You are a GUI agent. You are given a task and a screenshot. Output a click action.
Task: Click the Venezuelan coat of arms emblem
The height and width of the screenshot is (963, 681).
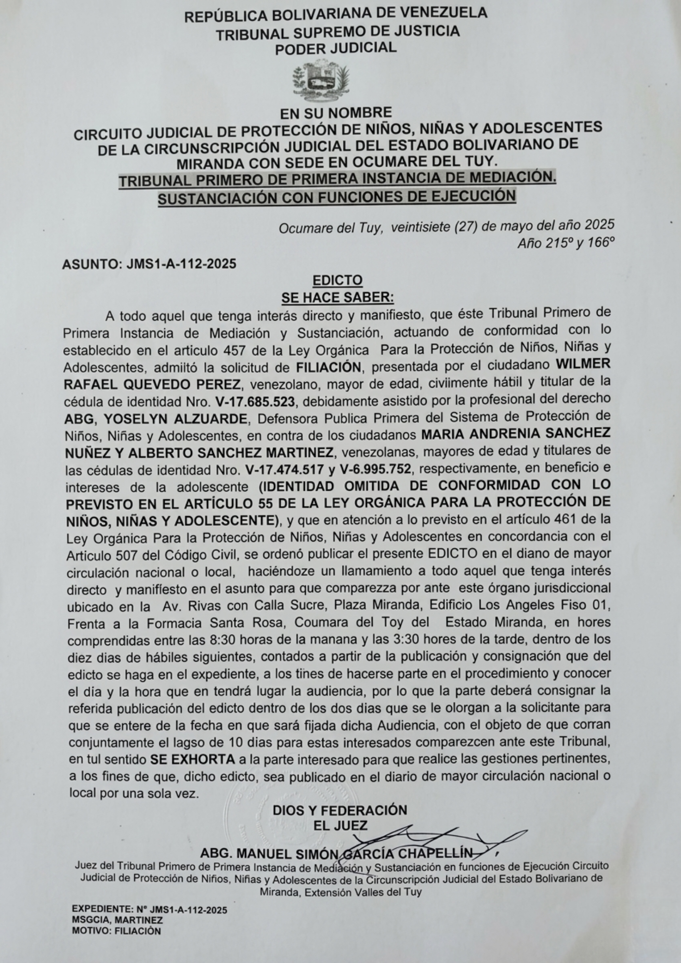coord(320,79)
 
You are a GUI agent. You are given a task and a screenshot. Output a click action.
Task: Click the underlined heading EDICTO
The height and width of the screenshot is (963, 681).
coord(337,280)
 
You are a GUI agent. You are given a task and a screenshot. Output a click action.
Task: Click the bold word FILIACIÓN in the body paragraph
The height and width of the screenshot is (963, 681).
coord(328,367)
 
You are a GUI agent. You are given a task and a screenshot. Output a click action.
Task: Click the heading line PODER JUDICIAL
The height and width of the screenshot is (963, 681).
coord(336,48)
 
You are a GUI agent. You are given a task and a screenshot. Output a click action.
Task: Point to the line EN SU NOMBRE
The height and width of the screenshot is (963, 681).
coord(336,113)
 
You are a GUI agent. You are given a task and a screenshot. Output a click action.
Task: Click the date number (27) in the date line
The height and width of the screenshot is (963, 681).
coord(466,225)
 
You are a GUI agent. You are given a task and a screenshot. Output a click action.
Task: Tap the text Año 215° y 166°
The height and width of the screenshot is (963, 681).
coord(566,244)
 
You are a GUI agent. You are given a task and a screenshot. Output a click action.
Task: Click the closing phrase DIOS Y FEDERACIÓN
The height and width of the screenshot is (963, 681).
coord(340,810)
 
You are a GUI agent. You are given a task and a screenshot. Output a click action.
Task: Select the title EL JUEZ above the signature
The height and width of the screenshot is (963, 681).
coord(340,826)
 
